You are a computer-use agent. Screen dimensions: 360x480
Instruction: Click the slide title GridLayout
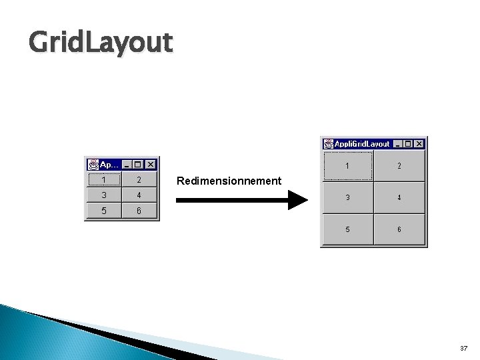click(101, 43)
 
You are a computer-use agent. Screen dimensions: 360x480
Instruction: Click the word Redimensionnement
click(229, 181)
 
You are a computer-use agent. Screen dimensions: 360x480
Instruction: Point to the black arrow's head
click(298, 200)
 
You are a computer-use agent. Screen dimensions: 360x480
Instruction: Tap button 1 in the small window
click(104, 179)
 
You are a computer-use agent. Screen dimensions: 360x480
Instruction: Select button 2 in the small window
click(139, 179)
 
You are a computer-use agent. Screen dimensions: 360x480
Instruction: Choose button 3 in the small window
click(104, 195)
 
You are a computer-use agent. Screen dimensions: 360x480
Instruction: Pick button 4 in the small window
click(139, 195)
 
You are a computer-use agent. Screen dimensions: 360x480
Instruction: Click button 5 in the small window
click(104, 211)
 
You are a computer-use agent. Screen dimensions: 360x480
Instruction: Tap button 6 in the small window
click(139, 211)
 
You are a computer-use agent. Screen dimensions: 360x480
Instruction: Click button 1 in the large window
click(347, 165)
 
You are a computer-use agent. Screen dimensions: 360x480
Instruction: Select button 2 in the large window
click(399, 165)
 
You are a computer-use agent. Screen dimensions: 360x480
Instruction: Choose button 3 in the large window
click(347, 197)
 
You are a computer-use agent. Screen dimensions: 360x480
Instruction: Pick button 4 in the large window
click(399, 197)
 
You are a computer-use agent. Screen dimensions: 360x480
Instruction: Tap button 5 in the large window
click(347, 229)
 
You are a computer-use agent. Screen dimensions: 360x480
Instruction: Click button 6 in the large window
click(399, 229)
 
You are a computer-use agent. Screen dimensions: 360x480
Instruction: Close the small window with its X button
click(150, 164)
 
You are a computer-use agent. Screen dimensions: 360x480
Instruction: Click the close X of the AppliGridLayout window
click(419, 143)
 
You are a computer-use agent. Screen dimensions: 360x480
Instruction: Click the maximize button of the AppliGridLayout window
click(408, 143)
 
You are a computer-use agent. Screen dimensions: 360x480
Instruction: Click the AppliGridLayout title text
click(362, 143)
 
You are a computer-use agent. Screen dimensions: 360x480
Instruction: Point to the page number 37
click(464, 349)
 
